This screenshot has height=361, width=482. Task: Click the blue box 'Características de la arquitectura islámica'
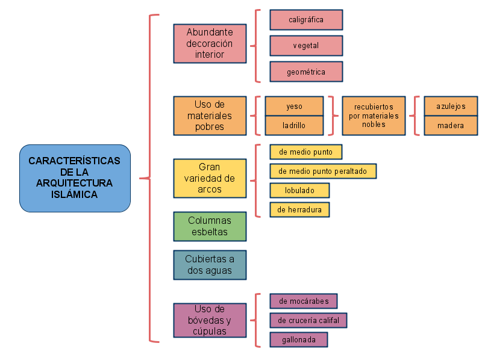(75, 178)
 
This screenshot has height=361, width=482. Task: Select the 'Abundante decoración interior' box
(210, 43)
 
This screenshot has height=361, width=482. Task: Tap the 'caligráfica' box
(306, 20)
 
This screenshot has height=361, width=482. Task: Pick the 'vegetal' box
(306, 46)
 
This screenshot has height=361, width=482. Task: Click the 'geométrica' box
(306, 72)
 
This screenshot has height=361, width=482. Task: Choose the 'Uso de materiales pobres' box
(210, 116)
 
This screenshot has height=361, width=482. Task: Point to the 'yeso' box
(294, 106)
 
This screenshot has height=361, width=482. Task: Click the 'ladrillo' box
(294, 126)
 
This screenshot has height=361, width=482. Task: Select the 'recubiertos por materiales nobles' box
(374, 116)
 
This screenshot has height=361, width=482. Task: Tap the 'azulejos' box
(451, 106)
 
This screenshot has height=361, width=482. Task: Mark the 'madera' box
(451, 126)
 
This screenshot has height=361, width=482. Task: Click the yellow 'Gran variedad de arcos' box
(210, 178)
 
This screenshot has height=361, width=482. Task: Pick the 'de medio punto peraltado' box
(322, 171)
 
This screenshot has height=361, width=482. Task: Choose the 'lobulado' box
(299, 190)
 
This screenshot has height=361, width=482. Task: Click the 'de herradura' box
(299, 209)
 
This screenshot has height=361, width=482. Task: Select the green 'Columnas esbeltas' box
(210, 226)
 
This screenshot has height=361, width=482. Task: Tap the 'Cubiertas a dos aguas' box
(210, 265)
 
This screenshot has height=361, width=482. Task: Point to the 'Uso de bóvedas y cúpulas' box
(210, 320)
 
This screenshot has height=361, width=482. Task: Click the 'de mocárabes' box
(303, 301)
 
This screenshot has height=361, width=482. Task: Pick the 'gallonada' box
(298, 339)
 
